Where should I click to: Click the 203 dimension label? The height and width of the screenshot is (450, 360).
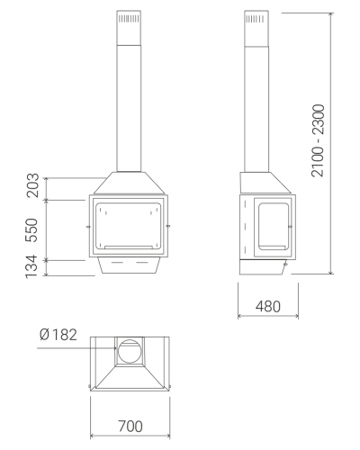(32, 185)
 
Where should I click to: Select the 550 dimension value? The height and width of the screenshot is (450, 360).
(31, 230)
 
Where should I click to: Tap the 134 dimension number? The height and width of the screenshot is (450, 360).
(31, 266)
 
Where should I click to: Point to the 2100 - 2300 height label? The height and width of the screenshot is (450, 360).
(318, 140)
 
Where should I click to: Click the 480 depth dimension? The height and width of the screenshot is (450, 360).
(268, 306)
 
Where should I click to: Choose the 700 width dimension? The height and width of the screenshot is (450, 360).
(130, 427)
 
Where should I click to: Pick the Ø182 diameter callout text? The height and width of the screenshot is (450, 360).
(58, 335)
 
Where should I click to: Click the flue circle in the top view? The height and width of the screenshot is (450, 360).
(130, 351)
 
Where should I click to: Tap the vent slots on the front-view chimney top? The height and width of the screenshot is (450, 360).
(129, 19)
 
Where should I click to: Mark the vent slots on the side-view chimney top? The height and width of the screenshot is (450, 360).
(256, 19)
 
